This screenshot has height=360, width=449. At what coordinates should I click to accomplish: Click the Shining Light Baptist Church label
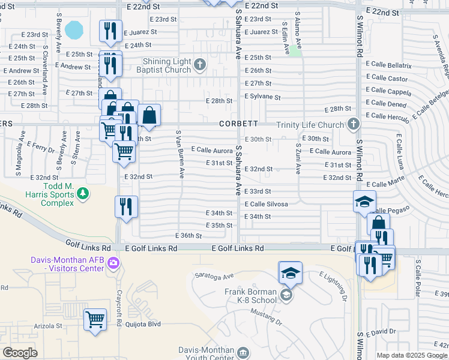pyautogui.click(x=166, y=65)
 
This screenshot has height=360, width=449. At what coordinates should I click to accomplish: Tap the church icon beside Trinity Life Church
pyautogui.click(x=354, y=124)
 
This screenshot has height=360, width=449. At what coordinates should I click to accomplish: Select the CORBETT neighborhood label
pyautogui.click(x=238, y=124)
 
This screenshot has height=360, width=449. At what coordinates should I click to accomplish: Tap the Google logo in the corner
pyautogui.click(x=20, y=353)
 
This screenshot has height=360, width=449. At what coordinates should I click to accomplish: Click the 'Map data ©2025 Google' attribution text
pyautogui.click(x=412, y=356)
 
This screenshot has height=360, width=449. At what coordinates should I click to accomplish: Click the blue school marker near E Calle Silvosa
pyautogui.click(x=364, y=202)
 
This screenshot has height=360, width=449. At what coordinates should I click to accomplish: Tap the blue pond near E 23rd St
pyautogui.click(x=74, y=29)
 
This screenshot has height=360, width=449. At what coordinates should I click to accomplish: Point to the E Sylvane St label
pyautogui.click(x=262, y=97)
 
